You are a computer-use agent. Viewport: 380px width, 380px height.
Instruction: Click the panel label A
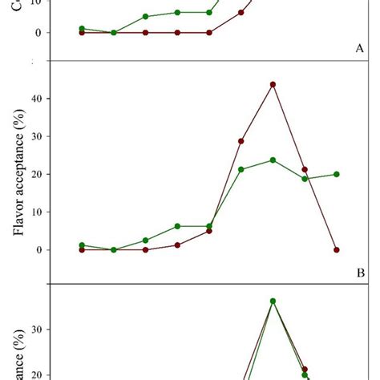pyautogui.click(x=360, y=48)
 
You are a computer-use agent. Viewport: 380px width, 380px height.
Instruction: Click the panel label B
pyautogui.click(x=360, y=272)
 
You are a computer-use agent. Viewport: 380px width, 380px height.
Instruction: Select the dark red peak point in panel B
pyautogui.click(x=273, y=84)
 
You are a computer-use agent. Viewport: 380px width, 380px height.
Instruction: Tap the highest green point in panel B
pyautogui.click(x=273, y=160)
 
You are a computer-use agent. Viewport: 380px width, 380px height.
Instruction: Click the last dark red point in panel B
pyautogui.click(x=337, y=249)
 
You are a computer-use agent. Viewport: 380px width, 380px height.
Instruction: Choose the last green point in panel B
pyautogui.click(x=337, y=174)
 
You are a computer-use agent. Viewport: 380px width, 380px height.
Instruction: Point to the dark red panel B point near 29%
pyautogui.click(x=241, y=141)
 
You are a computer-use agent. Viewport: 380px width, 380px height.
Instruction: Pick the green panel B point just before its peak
pyautogui.click(x=241, y=169)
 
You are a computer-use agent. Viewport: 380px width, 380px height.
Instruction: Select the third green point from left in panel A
pyautogui.click(x=145, y=17)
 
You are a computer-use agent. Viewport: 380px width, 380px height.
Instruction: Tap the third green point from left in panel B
pyautogui.click(x=145, y=240)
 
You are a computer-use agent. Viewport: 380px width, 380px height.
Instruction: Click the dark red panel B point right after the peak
pyautogui.click(x=305, y=169)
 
